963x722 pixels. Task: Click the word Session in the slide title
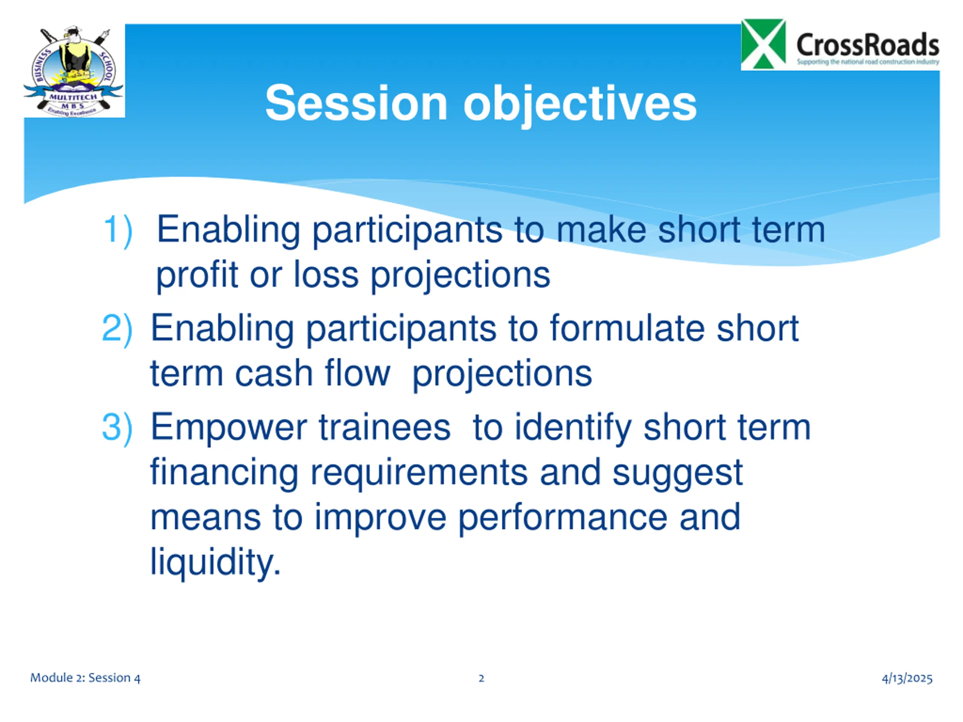coord(357,103)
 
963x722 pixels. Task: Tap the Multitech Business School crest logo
coord(74,71)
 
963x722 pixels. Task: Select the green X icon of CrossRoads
coord(764,44)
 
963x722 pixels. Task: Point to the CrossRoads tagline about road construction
coord(868,62)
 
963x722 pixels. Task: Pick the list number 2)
coord(117,329)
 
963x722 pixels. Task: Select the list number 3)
coord(117,428)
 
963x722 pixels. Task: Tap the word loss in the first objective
coord(326,275)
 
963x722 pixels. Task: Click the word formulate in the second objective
coord(627,328)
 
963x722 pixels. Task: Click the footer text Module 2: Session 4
coord(85,678)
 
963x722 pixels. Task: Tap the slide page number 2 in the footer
coord(481,678)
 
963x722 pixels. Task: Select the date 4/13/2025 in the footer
coord(907,678)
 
